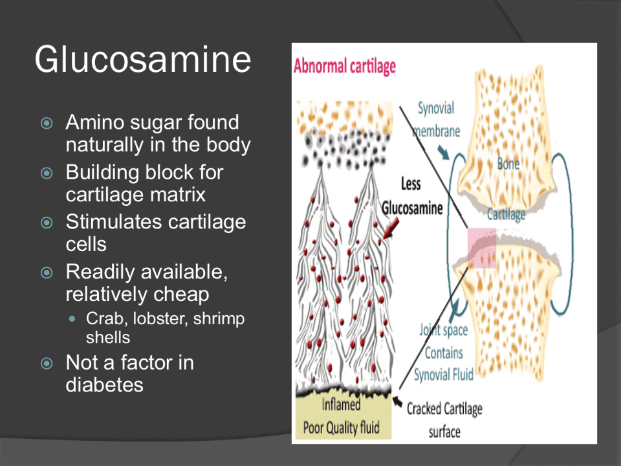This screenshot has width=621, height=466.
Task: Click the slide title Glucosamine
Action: [x=143, y=59]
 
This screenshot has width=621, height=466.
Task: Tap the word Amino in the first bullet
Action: [x=97, y=122]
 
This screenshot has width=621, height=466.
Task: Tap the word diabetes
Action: [x=104, y=384]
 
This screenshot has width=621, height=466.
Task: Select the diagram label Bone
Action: [x=508, y=164]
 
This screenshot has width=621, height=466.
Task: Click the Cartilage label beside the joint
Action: [x=506, y=214]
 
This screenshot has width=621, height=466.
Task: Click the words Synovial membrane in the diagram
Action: [x=437, y=119]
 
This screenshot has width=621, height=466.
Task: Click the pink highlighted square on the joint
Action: [x=481, y=249]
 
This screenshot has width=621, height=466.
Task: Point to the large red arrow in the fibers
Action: [x=391, y=228]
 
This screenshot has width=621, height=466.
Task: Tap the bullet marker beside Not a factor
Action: [x=46, y=364]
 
